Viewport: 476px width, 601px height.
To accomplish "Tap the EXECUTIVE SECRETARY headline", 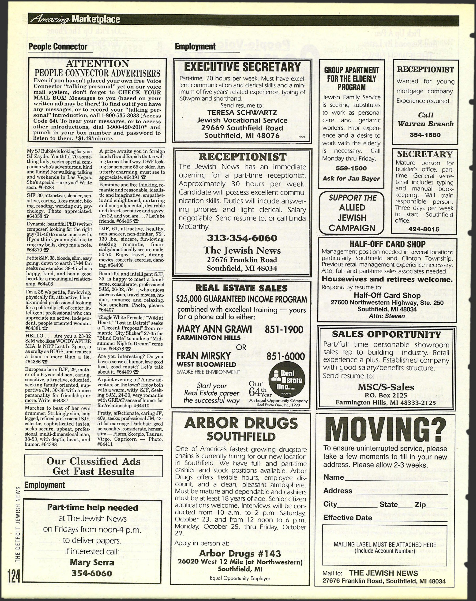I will [242, 67].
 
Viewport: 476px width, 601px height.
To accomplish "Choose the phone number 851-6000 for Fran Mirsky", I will [285, 356].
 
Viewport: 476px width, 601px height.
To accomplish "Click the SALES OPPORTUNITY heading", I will [386, 334].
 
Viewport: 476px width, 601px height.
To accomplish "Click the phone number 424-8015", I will [424, 229].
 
